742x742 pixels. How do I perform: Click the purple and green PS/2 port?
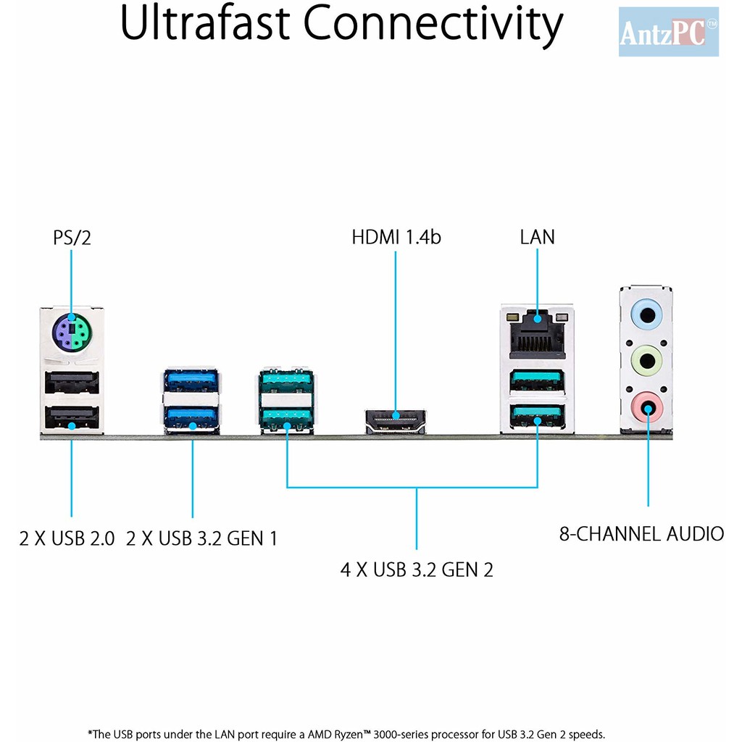(71, 333)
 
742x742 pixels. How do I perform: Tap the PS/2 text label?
(72, 238)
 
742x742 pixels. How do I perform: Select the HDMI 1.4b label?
(396, 237)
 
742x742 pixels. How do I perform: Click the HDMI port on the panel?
(396, 420)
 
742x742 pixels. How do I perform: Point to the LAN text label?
(537, 237)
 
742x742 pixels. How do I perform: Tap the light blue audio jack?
(646, 314)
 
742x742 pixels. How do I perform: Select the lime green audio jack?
(646, 359)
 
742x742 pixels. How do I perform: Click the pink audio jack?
(646, 404)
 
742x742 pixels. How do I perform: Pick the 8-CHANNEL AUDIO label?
(641, 535)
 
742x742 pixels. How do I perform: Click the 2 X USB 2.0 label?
(67, 539)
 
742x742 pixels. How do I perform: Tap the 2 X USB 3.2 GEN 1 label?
(201, 539)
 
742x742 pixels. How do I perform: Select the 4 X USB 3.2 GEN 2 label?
(417, 570)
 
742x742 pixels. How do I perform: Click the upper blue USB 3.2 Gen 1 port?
(192, 380)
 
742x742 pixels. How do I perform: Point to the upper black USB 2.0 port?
(72, 382)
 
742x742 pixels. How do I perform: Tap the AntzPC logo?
(667, 33)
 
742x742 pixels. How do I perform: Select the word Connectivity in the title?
(433, 25)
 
